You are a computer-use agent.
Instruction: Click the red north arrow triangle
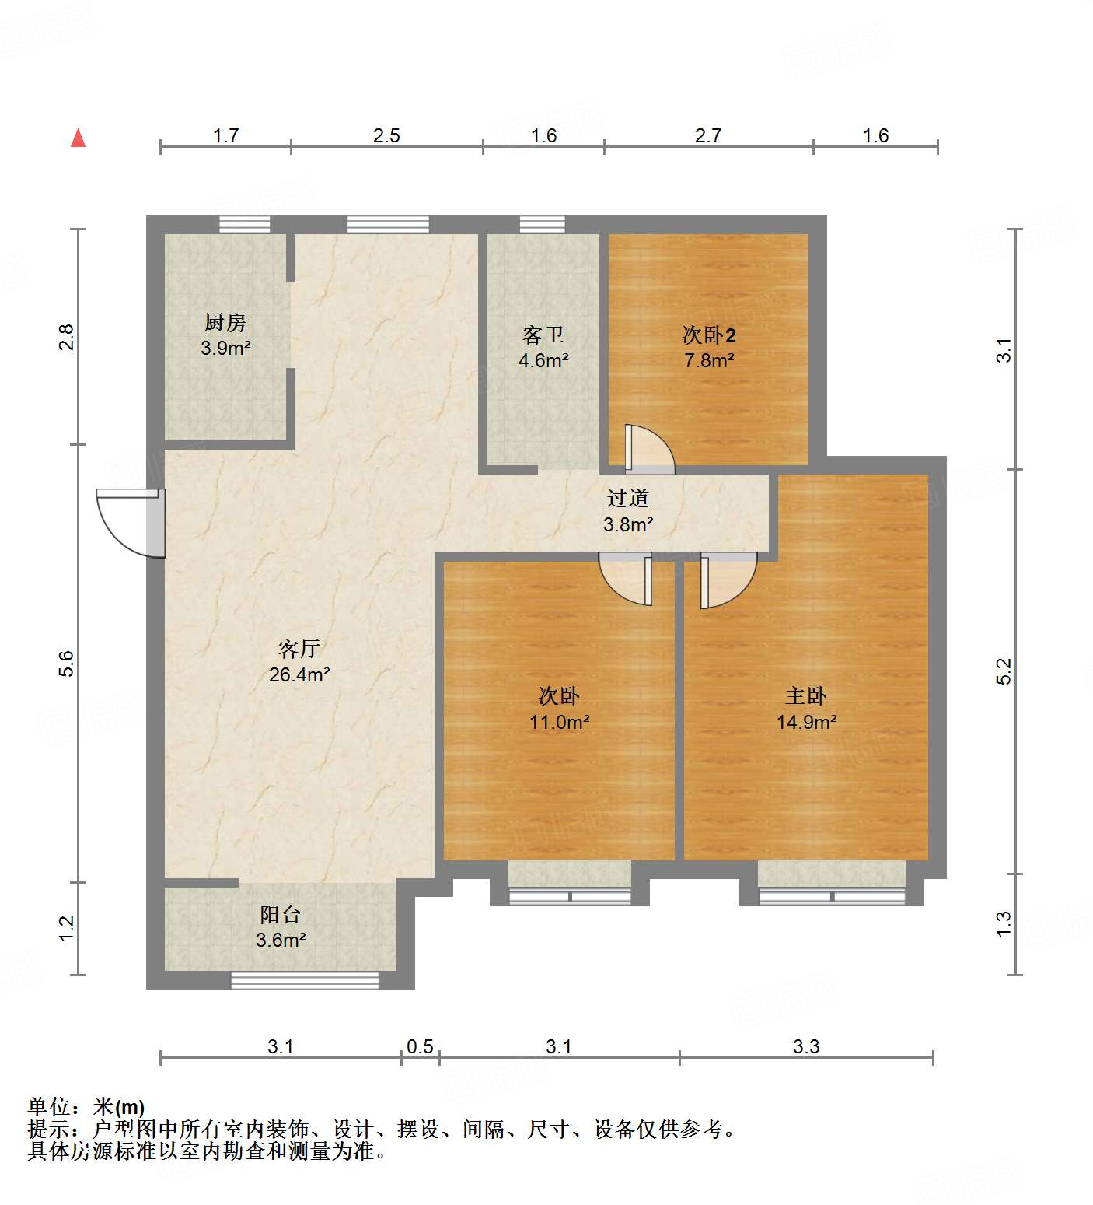tap(78, 138)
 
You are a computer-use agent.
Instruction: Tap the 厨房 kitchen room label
tap(225, 322)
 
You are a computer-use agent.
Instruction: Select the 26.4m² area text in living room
tap(299, 674)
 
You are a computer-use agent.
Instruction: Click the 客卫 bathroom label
tap(543, 335)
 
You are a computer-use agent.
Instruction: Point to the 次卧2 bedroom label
tap(708, 335)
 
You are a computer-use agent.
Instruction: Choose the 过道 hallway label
tap(627, 498)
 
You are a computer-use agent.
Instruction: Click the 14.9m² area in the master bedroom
tap(806, 722)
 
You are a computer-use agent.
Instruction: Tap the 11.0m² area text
tap(559, 722)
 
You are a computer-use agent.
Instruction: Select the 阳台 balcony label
tap(280, 914)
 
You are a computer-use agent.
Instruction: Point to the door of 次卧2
tap(649, 450)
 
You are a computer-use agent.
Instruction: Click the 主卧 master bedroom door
tap(727, 579)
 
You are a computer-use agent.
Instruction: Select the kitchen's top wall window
tap(244, 225)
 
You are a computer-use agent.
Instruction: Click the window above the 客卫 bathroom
tap(542, 225)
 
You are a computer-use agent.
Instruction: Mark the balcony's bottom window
tap(305, 980)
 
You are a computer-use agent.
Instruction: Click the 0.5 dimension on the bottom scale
tap(420, 1046)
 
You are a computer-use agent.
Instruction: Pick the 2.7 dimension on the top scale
tap(708, 136)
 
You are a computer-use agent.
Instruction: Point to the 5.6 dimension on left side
tap(67, 663)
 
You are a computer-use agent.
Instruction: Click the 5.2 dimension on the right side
tap(1004, 671)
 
